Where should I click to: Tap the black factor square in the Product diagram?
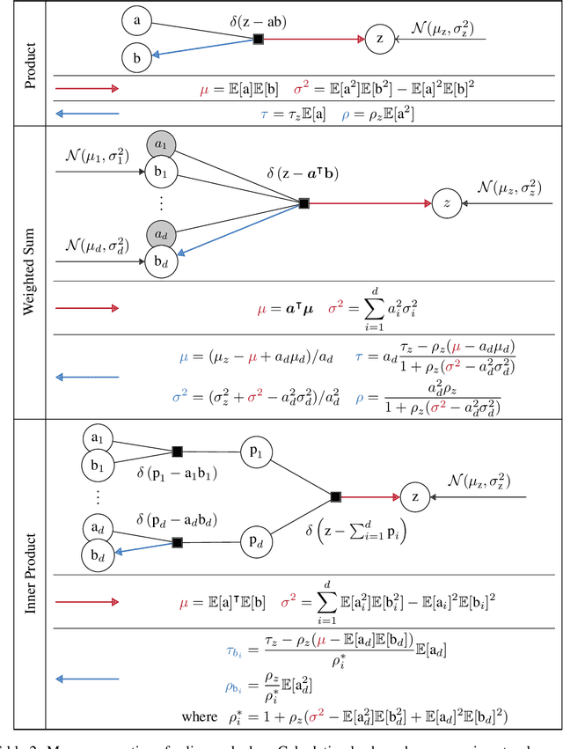tap(258, 39)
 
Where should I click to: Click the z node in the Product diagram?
tap(379, 39)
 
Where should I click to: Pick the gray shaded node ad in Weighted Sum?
tap(162, 235)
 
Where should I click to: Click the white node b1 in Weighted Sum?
tap(161, 169)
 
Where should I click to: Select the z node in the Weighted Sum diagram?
tap(447, 203)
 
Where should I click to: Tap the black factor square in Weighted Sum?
tap(303, 203)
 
